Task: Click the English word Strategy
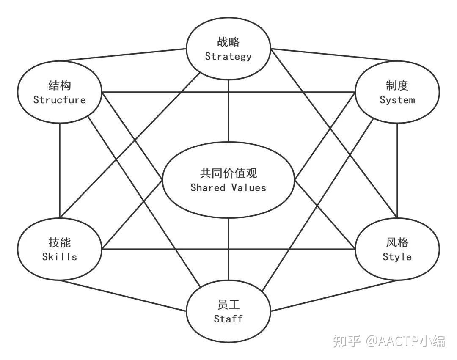pos(228,56)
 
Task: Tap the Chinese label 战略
pos(228,42)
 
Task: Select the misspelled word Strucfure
pos(59,100)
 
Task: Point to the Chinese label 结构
pos(59,86)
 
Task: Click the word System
pos(397,100)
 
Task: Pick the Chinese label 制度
pos(397,86)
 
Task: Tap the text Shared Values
pos(228,187)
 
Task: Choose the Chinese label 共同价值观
pos(228,173)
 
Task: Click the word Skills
pos(59,256)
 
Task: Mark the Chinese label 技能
pos(59,242)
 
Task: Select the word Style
pos(397,256)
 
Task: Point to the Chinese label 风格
pos(397,242)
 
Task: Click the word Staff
pos(228,319)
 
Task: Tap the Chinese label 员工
pos(228,305)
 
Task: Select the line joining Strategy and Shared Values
pos(228,110)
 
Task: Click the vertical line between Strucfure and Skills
pos(60,169)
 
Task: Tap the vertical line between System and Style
pos(397,169)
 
